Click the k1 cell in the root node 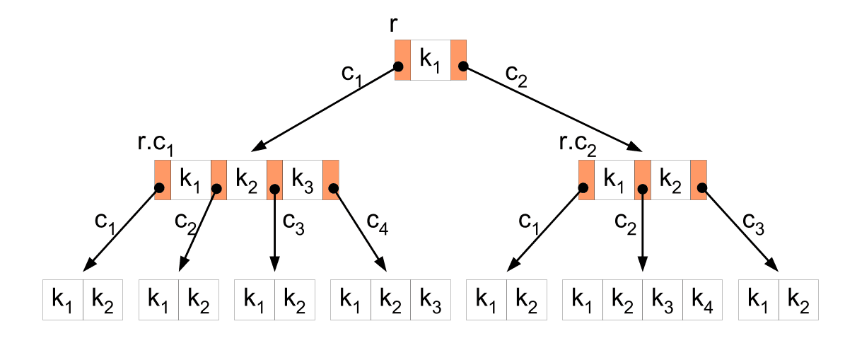tap(430, 60)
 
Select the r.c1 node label tap(155, 144)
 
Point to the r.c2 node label tap(578, 144)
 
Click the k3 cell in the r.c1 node tap(302, 180)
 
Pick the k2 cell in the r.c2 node tap(670, 180)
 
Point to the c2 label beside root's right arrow tap(516, 74)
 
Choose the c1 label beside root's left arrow tap(351, 75)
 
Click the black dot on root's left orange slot tap(398, 66)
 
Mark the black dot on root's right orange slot tap(463, 66)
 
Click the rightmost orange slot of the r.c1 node tap(331, 180)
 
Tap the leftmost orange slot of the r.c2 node tap(586, 180)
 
